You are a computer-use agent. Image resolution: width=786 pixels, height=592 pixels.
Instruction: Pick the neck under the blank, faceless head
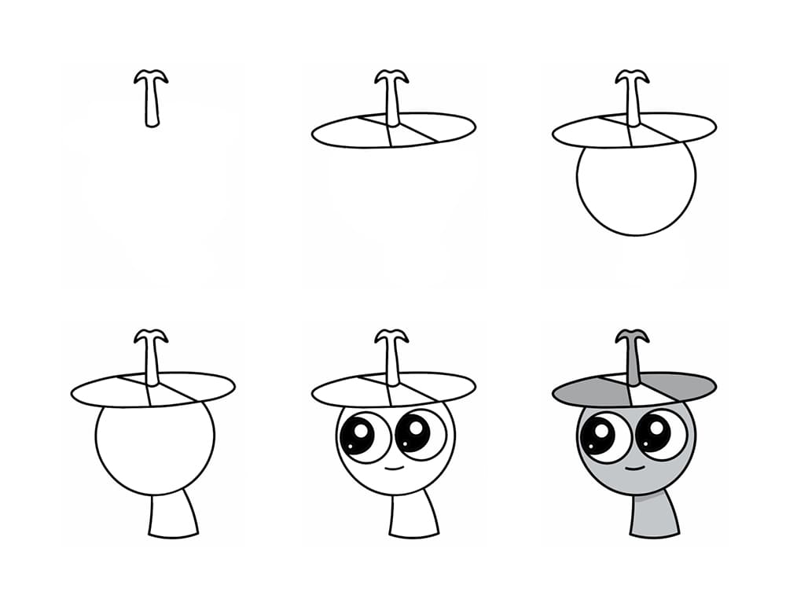pos(172,517)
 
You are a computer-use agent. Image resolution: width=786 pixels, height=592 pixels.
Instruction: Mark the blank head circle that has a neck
pos(155,448)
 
